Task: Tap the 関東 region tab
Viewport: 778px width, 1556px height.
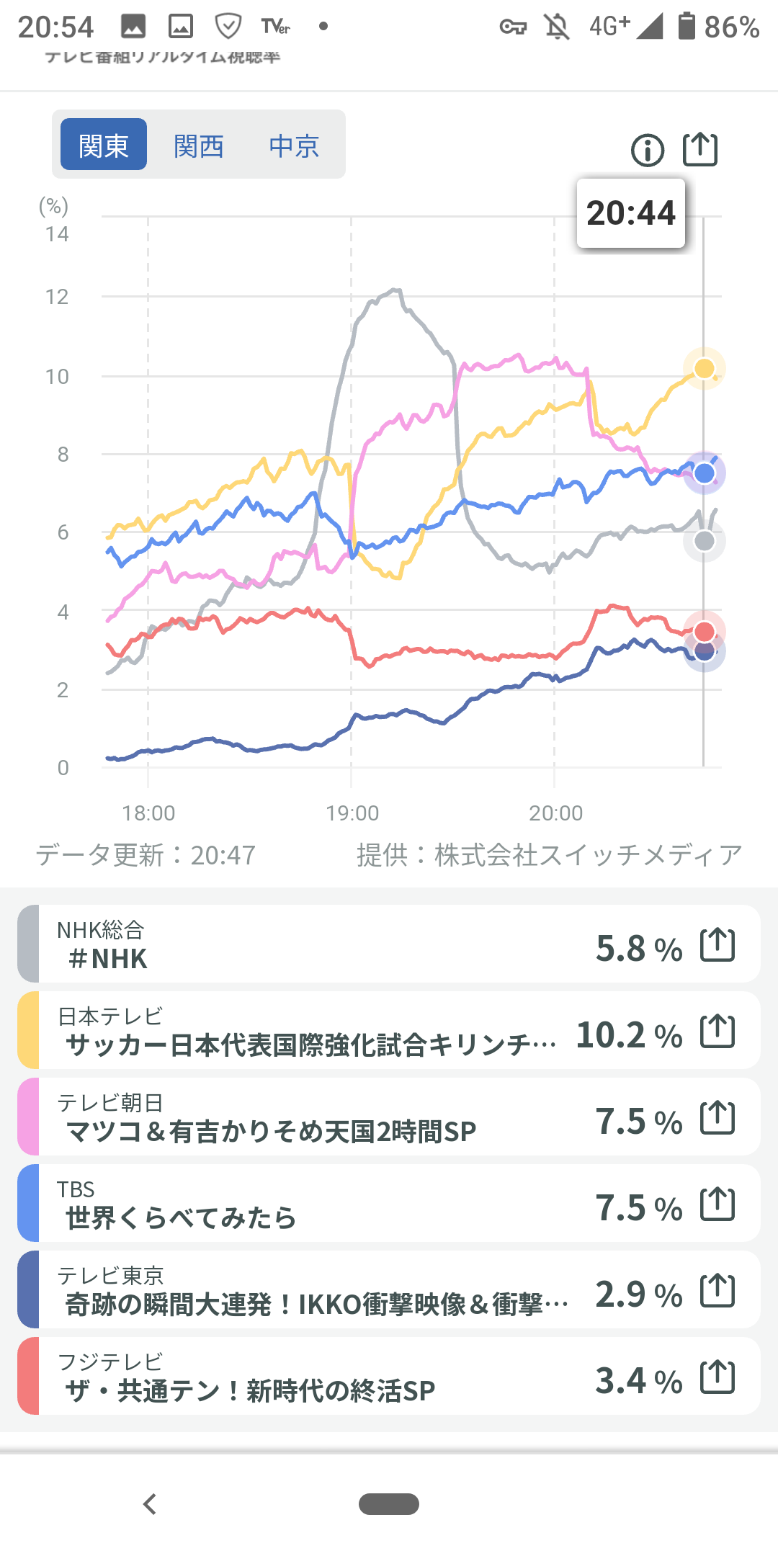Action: pyautogui.click(x=104, y=145)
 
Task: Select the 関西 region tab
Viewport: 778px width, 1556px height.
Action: pyautogui.click(x=199, y=146)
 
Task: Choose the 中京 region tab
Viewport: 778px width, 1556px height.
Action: pyautogui.click(x=294, y=146)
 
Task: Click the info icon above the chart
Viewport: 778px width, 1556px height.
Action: pyautogui.click(x=648, y=151)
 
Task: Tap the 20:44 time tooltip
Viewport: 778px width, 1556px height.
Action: pyautogui.click(x=631, y=213)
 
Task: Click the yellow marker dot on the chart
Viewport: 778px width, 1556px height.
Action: pyautogui.click(x=704, y=369)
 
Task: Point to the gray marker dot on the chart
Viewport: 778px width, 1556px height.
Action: pyautogui.click(x=705, y=541)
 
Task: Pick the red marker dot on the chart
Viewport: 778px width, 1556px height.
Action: pyautogui.click(x=704, y=632)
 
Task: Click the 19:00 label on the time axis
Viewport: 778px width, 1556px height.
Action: pyautogui.click(x=352, y=813)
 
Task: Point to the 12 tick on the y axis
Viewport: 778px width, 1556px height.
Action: pyautogui.click(x=57, y=297)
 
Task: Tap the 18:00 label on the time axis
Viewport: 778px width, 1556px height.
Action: pyautogui.click(x=148, y=813)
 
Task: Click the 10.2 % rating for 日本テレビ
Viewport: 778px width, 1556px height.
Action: pyautogui.click(x=629, y=1035)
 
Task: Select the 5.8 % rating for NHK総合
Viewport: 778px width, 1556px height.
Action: pyautogui.click(x=638, y=949)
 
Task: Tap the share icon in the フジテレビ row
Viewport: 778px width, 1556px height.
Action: pyautogui.click(x=717, y=1377)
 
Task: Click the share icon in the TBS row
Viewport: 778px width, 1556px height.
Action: pyautogui.click(x=717, y=1204)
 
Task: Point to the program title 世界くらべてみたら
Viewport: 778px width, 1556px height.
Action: pyautogui.click(x=181, y=1218)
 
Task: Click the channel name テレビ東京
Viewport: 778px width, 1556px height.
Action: pyautogui.click(x=110, y=1276)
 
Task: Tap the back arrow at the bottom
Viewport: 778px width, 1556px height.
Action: pyautogui.click(x=150, y=1504)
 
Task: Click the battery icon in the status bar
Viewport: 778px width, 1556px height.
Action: pyautogui.click(x=687, y=27)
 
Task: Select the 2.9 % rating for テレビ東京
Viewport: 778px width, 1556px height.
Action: pyautogui.click(x=638, y=1295)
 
